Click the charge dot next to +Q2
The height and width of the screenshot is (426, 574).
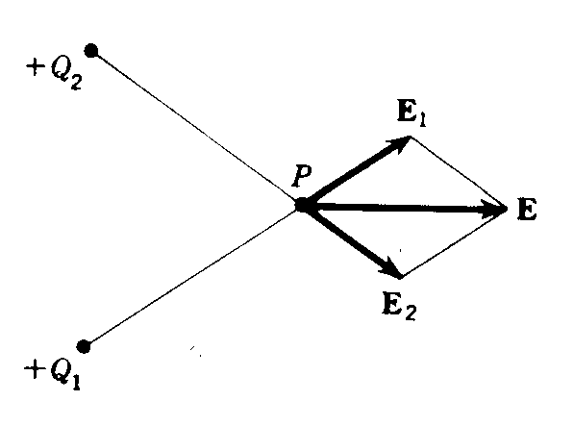91,51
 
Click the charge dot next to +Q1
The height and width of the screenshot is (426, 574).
84,346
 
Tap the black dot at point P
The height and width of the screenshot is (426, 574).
303,205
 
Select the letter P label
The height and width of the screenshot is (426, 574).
302,176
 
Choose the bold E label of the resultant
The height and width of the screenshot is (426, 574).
527,210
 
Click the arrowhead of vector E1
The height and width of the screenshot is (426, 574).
400,143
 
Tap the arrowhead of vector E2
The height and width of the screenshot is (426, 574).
390,268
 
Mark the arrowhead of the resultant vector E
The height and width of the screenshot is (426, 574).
494,210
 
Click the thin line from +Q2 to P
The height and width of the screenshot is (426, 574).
197,128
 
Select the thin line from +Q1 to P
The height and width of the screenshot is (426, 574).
193,276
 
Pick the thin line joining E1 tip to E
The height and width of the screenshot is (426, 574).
460,172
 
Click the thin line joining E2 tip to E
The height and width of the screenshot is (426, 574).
455,243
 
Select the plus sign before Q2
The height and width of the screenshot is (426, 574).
35,67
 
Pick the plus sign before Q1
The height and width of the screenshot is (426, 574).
33,369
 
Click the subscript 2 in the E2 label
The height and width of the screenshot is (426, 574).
411,313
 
